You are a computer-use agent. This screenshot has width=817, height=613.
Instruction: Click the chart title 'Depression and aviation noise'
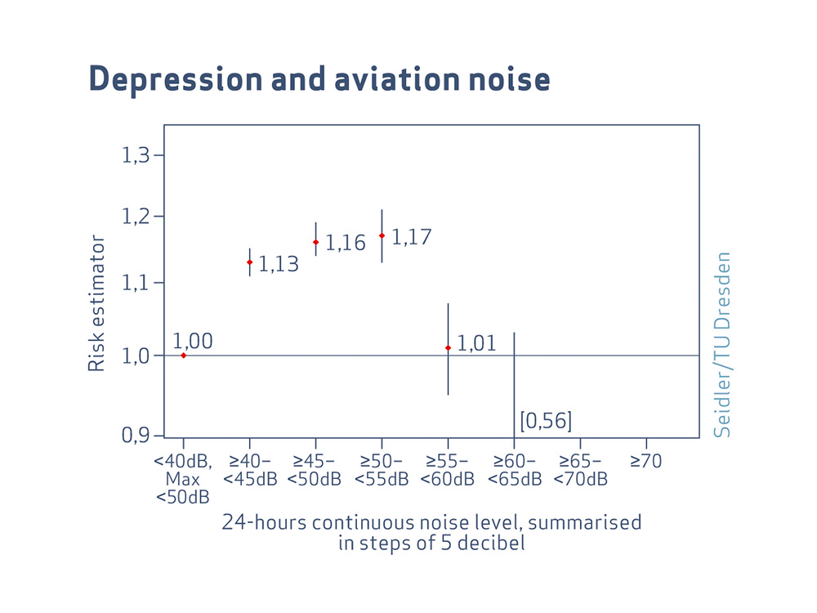tap(319, 80)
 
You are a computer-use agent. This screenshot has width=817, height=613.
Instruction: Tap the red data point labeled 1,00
tap(183, 356)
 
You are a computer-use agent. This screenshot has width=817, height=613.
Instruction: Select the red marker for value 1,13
tap(249, 262)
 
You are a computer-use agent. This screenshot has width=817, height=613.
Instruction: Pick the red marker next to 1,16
tap(315, 242)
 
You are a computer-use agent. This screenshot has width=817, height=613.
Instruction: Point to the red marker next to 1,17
tap(382, 235)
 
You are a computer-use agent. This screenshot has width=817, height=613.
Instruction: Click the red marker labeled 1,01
tap(448, 348)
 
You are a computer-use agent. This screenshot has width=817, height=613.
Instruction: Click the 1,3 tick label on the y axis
tap(137, 155)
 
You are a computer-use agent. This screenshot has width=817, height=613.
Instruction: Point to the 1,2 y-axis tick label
tap(137, 217)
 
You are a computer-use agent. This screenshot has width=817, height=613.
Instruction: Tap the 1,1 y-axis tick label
tap(137, 283)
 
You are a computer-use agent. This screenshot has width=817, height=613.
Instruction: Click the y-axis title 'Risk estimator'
tap(96, 303)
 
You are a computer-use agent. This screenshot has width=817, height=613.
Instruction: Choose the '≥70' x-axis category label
tap(645, 462)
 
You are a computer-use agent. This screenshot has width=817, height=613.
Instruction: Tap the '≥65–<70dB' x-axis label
tap(580, 470)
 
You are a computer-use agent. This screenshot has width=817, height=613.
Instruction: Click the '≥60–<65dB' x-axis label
tap(514, 470)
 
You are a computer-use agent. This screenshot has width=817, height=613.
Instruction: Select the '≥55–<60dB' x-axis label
tap(448, 470)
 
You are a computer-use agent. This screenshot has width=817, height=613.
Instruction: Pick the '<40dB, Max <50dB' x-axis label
tap(183, 479)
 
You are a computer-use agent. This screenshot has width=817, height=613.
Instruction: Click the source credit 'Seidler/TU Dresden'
tap(721, 344)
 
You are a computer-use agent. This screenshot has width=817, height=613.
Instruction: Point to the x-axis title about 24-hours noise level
tap(431, 532)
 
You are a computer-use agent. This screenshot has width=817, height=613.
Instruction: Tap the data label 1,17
tap(411, 238)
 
